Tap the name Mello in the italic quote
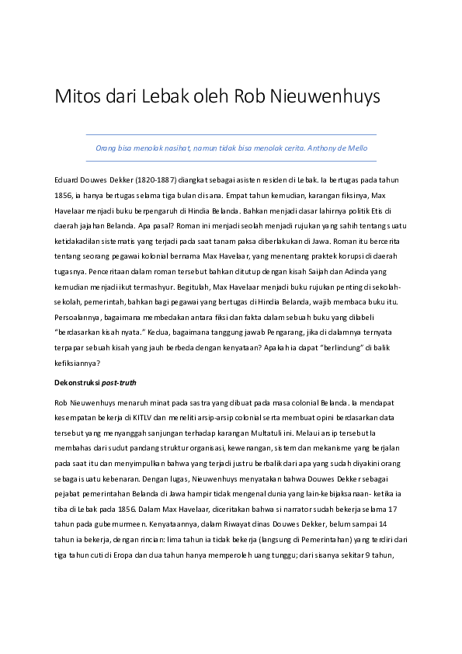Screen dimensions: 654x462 [x=354, y=148]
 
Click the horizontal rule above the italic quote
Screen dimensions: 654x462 [x=231, y=135]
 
